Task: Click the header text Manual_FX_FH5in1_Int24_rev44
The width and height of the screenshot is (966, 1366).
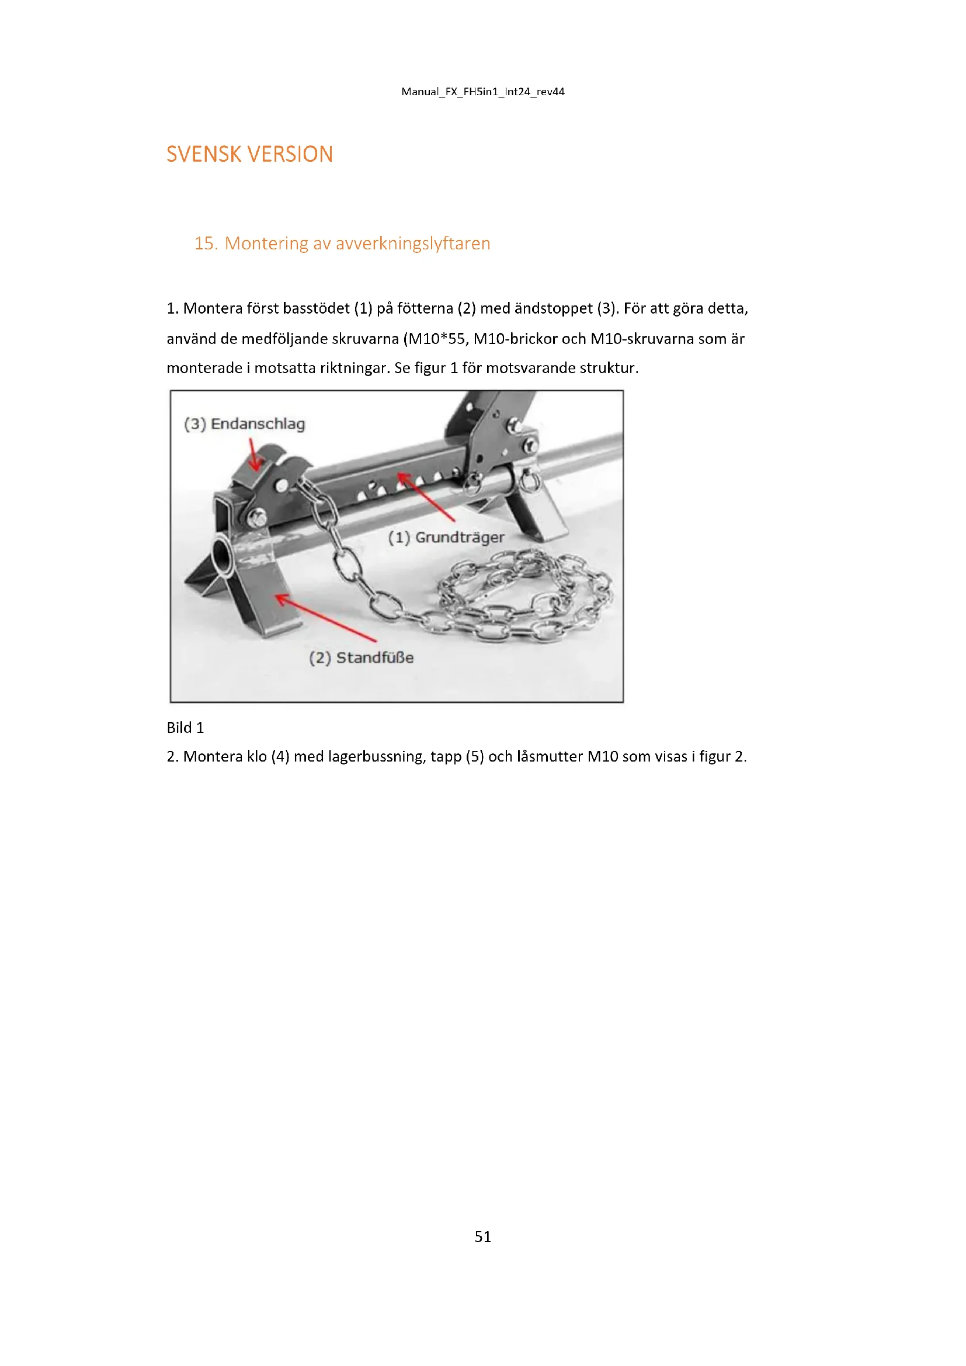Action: click(482, 92)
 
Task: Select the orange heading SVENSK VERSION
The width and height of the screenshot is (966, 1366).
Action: click(249, 154)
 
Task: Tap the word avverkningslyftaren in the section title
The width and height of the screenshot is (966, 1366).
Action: click(413, 244)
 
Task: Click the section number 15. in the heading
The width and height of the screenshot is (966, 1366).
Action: click(206, 244)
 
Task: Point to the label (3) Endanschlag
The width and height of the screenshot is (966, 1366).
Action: click(245, 423)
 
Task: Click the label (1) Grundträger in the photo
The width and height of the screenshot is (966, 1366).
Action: click(446, 537)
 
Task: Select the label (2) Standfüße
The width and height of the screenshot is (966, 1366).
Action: click(361, 658)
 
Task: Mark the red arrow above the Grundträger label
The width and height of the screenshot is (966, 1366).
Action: click(425, 496)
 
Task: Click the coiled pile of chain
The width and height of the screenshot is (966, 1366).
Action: click(523, 595)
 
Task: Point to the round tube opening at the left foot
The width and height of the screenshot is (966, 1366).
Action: click(222, 554)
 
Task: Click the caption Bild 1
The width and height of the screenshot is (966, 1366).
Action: click(185, 728)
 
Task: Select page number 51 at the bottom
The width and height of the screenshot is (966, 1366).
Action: click(482, 1237)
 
